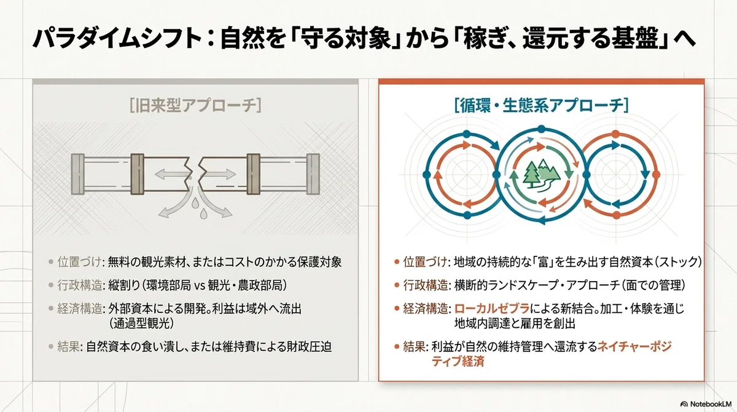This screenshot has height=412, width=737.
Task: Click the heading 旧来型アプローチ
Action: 195,106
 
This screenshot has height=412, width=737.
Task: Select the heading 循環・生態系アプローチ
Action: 541,106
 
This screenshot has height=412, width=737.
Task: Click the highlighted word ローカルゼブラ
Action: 492,309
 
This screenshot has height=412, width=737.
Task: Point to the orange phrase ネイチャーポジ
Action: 634,346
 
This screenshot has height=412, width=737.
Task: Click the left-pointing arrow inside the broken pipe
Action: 171,174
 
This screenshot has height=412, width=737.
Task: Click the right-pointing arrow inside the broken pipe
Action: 219,174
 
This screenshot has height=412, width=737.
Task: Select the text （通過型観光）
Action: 141,323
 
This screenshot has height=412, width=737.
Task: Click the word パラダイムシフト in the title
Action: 117,39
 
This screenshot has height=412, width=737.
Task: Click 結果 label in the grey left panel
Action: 68,347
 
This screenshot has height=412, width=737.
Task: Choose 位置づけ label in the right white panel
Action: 426,262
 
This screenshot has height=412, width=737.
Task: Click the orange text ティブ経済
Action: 458,362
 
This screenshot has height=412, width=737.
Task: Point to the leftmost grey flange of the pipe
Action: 78,174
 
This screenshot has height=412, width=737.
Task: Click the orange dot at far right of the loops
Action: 656,175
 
